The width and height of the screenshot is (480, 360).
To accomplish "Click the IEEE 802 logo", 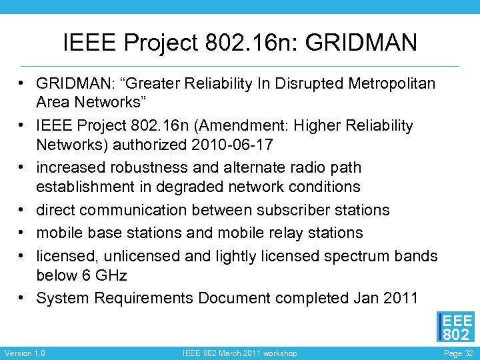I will click(x=455, y=327).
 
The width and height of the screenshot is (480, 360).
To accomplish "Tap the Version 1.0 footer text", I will click(x=25, y=353).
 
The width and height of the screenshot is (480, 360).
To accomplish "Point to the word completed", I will click(x=310, y=298).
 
